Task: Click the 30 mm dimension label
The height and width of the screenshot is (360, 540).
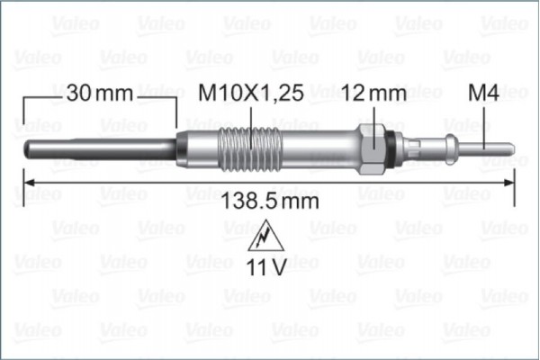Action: (99, 92)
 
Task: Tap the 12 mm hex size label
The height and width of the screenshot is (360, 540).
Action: (373, 92)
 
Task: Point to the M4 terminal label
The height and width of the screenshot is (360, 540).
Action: (484, 92)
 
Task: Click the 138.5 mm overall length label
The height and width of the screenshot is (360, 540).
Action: (270, 202)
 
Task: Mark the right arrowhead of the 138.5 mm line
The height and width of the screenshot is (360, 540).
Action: (509, 184)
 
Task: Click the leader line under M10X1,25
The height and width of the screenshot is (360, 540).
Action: (249, 117)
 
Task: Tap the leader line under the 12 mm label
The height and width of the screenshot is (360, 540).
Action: (374, 117)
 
